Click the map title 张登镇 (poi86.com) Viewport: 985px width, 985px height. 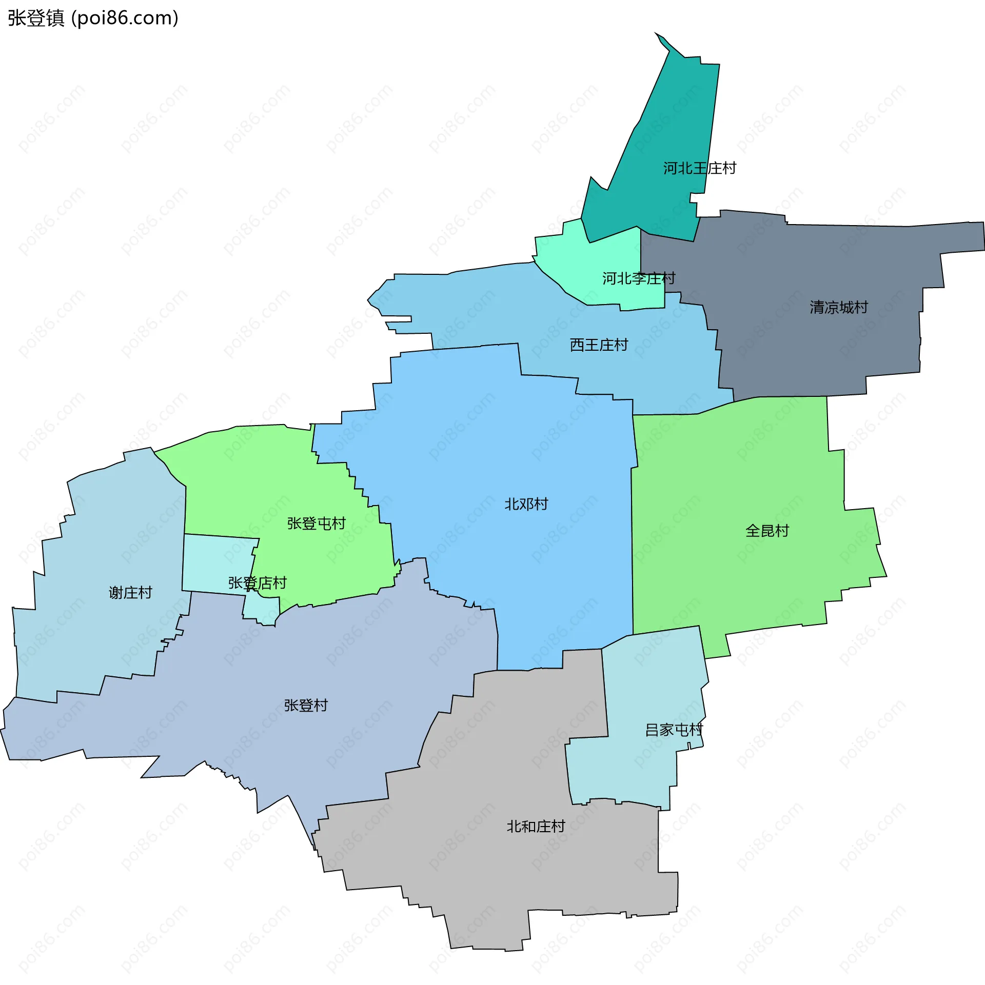[x=93, y=18]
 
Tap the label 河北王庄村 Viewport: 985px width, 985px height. [x=699, y=168]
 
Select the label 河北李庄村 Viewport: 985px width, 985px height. [x=638, y=278]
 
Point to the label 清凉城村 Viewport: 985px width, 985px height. [x=838, y=307]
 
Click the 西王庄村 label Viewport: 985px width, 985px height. [x=599, y=345]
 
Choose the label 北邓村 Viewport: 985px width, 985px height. [x=526, y=504]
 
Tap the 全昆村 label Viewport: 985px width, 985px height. [x=766, y=531]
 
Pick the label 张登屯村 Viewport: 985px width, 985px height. [x=316, y=524]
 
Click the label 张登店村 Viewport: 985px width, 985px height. [x=257, y=583]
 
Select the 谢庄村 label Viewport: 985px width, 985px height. [x=130, y=593]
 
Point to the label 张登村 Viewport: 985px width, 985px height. [x=306, y=706]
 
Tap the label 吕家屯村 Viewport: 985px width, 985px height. [x=674, y=730]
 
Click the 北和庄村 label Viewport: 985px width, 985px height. [x=536, y=827]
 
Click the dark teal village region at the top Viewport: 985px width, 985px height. [x=662, y=128]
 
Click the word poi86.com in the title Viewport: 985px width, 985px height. [x=125, y=18]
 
